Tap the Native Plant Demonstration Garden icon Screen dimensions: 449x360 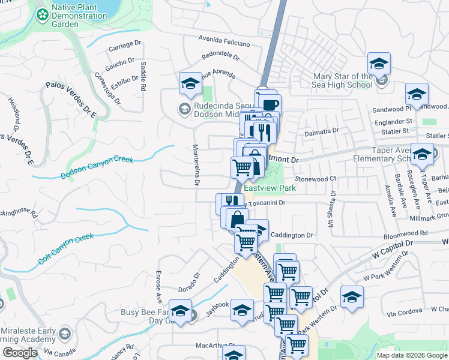43,14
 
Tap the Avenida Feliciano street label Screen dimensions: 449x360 224,41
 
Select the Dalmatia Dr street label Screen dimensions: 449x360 322,131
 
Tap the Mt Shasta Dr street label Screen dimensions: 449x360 331,209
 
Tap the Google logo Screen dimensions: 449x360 20,353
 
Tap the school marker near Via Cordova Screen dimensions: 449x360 352,296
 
